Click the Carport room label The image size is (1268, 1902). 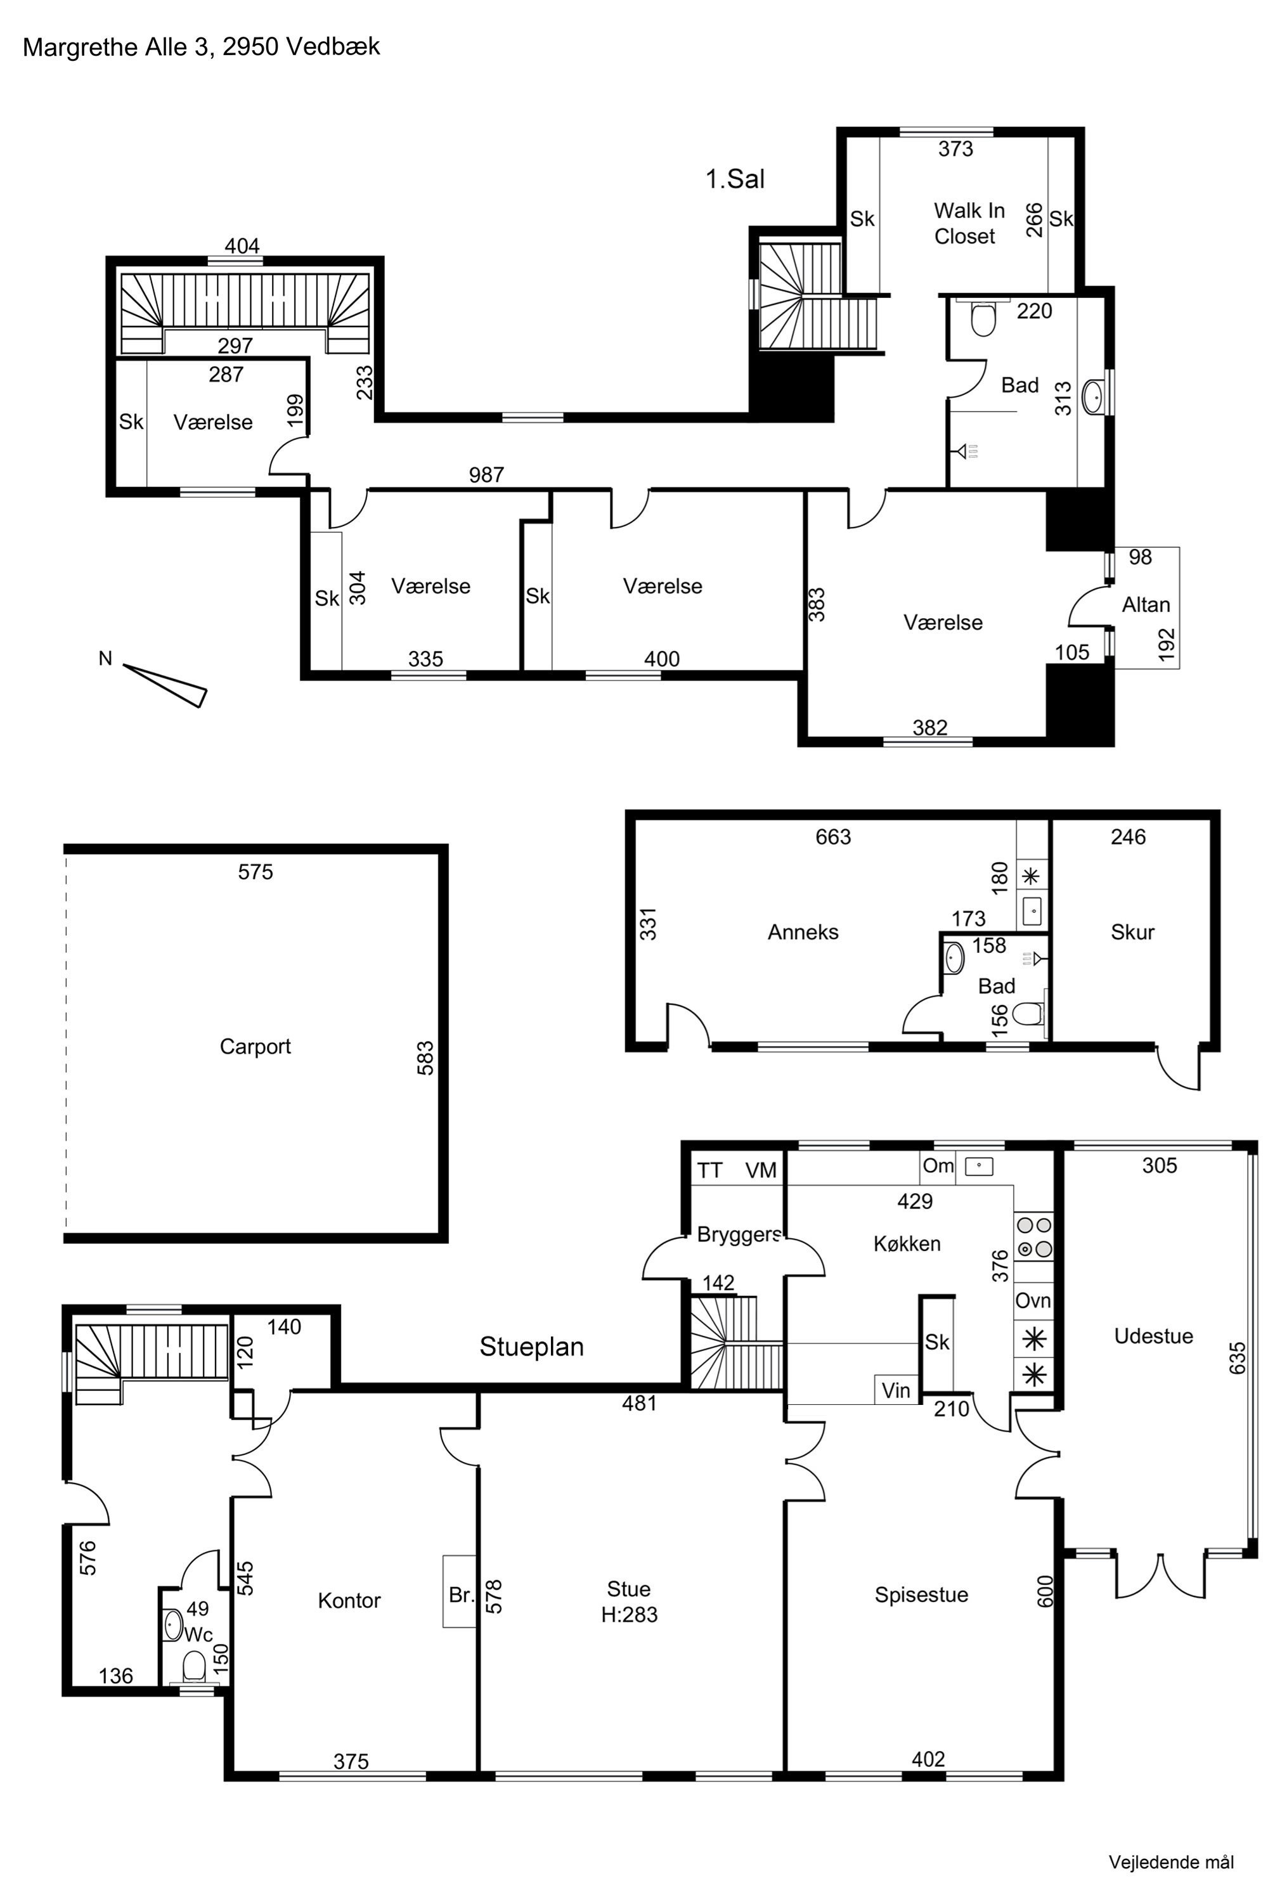255,1047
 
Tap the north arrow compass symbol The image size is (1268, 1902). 165,684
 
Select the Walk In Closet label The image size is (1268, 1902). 969,223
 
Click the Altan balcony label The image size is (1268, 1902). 1146,605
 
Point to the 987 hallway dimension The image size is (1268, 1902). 486,475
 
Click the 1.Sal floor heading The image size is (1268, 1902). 735,179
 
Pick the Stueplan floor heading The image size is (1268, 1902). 531,1347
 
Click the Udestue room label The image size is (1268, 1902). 1153,1336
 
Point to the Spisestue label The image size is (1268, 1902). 921,1595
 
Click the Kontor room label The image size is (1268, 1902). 349,1600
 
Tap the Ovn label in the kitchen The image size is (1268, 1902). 1033,1300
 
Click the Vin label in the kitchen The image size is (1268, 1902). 896,1390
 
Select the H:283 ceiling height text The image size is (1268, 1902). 629,1614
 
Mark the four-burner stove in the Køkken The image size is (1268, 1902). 1034,1238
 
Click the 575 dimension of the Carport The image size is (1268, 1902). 256,872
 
